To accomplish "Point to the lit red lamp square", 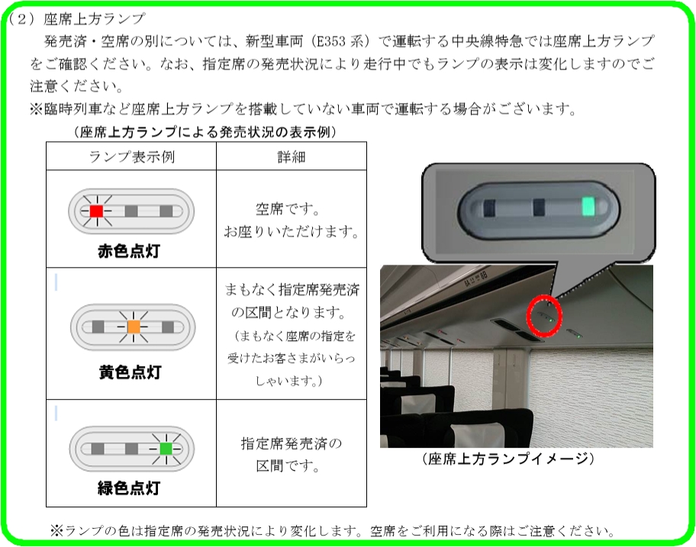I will click(95, 211).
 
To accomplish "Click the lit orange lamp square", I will click(133, 327).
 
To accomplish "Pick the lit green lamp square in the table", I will click(166, 448).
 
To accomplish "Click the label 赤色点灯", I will click(130, 251).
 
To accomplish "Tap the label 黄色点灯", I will click(130, 372).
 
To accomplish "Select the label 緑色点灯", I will click(130, 488).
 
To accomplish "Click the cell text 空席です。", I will click(291, 208).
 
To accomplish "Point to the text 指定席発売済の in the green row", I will click(291, 443).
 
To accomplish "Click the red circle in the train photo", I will click(545, 315).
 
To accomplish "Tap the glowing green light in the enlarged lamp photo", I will click(588, 206).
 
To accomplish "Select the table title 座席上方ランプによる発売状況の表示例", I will click(206, 132).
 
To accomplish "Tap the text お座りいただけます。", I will click(291, 230).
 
